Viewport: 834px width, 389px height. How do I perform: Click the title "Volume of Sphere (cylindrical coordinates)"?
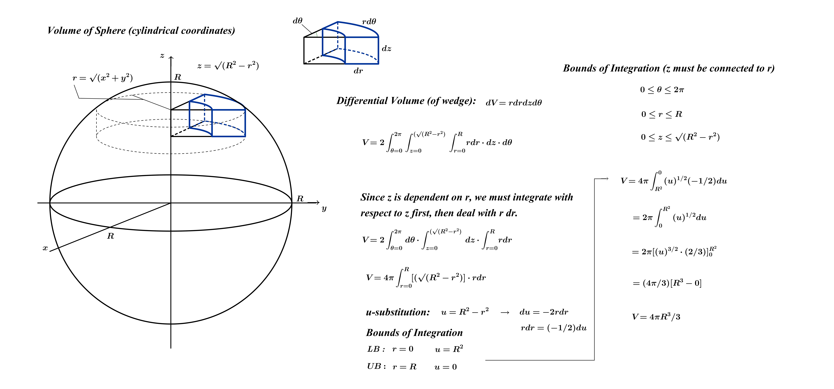(141, 31)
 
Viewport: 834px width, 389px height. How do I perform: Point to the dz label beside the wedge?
(387, 49)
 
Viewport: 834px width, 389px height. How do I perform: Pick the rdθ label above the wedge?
(369, 22)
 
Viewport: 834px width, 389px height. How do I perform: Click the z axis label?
(162, 56)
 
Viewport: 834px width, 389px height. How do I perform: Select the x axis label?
(45, 248)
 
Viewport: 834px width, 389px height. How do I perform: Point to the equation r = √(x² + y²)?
(103, 78)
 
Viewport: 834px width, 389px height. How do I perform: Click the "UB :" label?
(376, 366)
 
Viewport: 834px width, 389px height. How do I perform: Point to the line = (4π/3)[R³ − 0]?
(667, 283)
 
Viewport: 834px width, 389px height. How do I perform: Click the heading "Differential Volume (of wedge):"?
(406, 101)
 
